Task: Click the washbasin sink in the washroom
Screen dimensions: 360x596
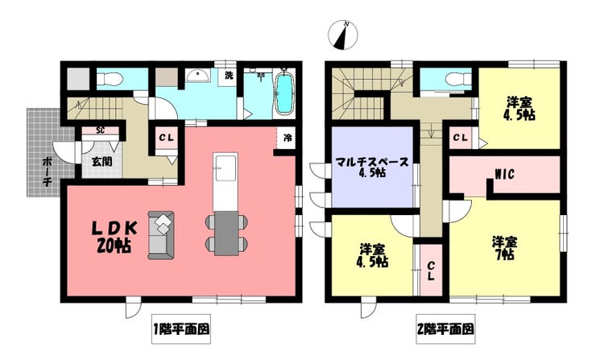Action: click(x=197, y=77)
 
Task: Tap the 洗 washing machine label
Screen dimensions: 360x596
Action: click(x=230, y=76)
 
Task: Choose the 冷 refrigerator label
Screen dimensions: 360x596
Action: click(x=287, y=137)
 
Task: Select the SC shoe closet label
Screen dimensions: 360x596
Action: click(x=101, y=130)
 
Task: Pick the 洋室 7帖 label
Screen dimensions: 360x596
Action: click(x=506, y=246)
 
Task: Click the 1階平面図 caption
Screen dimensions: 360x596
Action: click(x=181, y=329)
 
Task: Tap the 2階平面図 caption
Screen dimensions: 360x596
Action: click(x=445, y=329)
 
